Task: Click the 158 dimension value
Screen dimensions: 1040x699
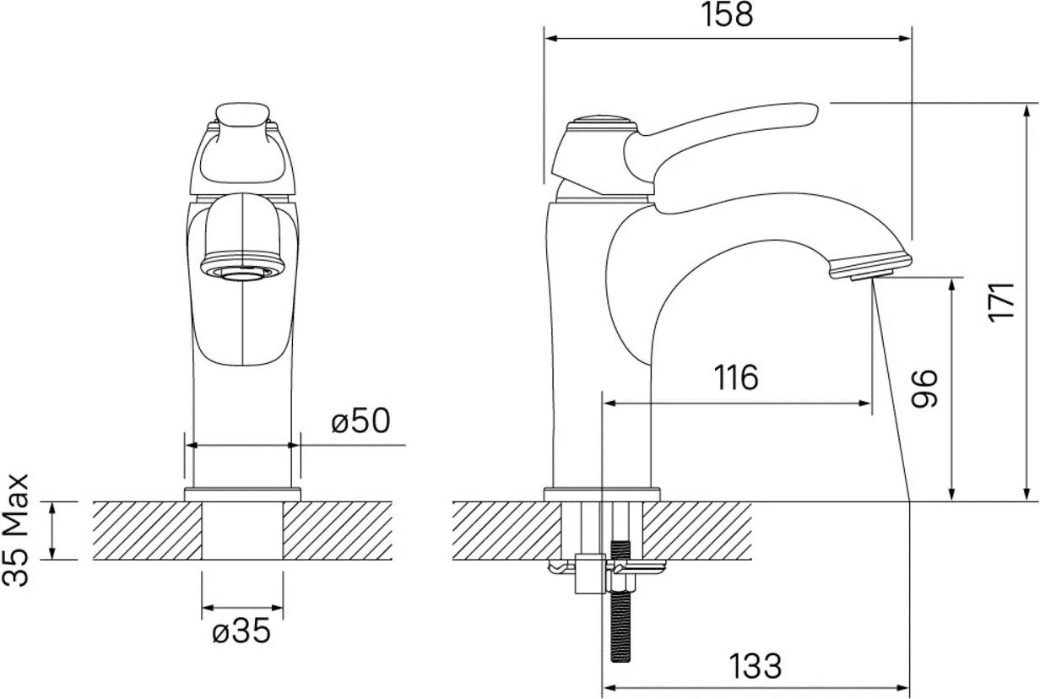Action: pyautogui.click(x=727, y=15)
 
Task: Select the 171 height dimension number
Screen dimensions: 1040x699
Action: pyautogui.click(x=1001, y=302)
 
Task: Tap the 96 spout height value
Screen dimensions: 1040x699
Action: pyautogui.click(x=924, y=389)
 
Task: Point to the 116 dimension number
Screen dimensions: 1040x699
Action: pyautogui.click(x=736, y=377)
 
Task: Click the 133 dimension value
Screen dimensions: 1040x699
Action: pyautogui.click(x=756, y=666)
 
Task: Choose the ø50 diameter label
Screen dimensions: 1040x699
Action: pyautogui.click(x=360, y=420)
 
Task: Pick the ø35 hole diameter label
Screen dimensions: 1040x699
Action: pyautogui.click(x=241, y=631)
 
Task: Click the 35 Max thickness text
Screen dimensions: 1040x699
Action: pyautogui.click(x=16, y=530)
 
